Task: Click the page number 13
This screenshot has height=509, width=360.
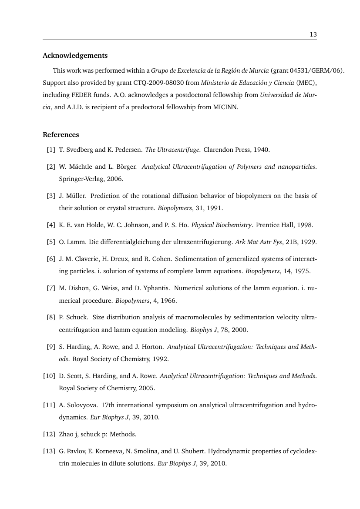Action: (313, 35)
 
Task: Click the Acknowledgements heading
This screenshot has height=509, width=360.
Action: (75, 56)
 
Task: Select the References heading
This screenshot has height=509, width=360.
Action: (61, 134)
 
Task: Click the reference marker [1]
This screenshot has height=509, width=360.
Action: (51, 150)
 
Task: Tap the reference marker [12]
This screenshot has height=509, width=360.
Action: (49, 434)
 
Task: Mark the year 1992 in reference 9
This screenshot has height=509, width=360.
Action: (159, 359)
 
